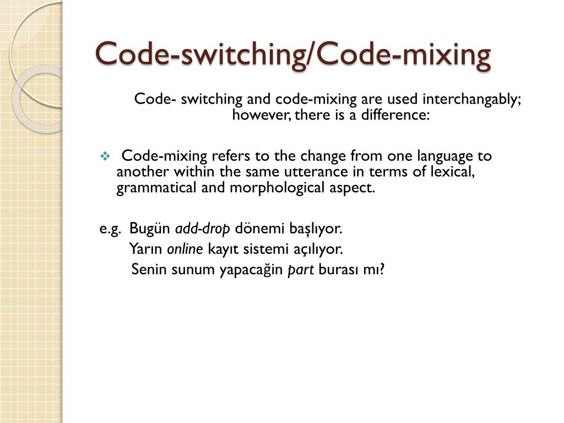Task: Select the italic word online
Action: tap(185, 250)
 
